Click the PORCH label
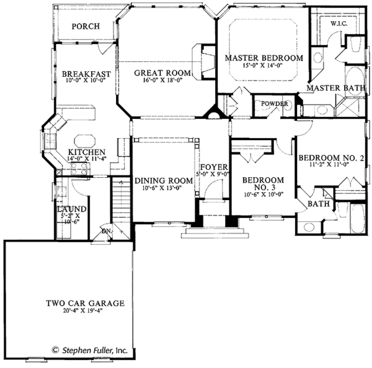tap(85, 27)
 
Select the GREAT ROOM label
tap(162, 73)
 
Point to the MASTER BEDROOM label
tap(263, 58)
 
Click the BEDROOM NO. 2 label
tap(329, 159)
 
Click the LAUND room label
tap(68, 209)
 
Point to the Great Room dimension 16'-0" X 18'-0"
tap(162, 81)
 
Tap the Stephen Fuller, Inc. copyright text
tap(89, 350)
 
